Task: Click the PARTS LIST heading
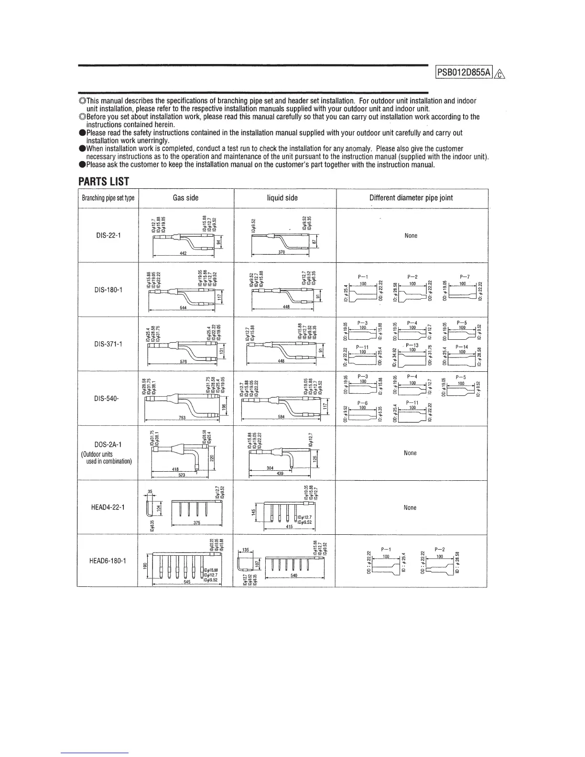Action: click(104, 182)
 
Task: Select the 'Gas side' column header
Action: click(185, 198)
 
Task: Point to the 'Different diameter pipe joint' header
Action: click(411, 198)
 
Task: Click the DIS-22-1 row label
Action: click(108, 235)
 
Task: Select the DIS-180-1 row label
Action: click(108, 290)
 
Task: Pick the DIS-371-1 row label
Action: click(108, 344)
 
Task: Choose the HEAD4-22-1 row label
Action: click(108, 507)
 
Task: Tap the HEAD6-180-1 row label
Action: click(108, 561)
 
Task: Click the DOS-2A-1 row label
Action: click(108, 444)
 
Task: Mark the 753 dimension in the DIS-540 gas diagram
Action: click(182, 418)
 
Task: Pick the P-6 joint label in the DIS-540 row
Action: click(363, 403)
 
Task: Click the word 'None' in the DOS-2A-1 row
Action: click(410, 453)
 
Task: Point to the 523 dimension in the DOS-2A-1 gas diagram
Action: click(182, 475)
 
